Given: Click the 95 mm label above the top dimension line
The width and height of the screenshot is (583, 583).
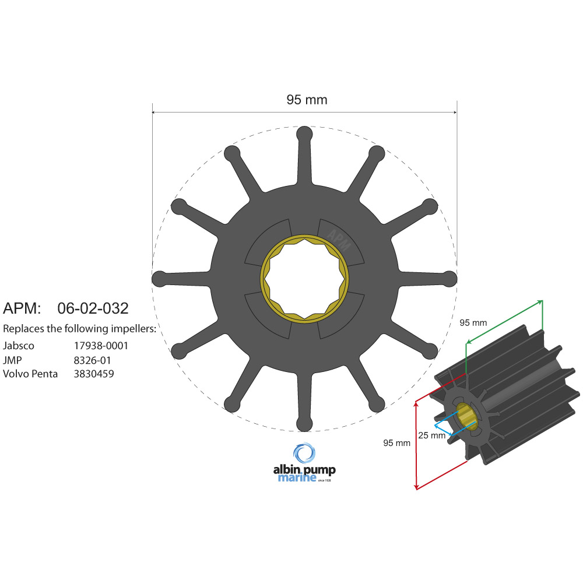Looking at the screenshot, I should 307,100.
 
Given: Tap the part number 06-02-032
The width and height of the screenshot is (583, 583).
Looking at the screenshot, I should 93,308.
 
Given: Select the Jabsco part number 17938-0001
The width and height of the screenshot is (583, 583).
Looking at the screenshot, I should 101,346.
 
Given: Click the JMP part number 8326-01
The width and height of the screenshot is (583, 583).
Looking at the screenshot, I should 92,360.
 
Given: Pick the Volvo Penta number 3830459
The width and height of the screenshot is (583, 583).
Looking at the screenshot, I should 94,374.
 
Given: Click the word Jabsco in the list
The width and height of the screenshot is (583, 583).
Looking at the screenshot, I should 19,346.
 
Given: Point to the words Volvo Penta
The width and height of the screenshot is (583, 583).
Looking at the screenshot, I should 30,374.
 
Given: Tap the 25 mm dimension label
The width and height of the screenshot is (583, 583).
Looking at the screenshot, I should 431,435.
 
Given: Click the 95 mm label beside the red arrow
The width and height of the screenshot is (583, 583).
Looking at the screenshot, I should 396,443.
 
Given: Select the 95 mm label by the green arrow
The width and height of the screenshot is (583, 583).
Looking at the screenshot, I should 473,322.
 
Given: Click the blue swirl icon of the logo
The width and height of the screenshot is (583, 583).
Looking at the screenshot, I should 304,453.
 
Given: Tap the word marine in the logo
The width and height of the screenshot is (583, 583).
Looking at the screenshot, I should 297,478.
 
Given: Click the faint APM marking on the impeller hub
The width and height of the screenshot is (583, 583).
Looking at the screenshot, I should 339,237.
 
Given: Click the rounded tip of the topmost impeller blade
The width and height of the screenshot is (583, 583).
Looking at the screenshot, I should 304,134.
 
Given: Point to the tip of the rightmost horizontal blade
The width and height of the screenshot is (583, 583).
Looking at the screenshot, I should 449,279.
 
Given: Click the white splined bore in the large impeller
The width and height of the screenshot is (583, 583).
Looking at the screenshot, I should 304,279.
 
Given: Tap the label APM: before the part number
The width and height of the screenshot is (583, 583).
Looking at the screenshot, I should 22,308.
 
